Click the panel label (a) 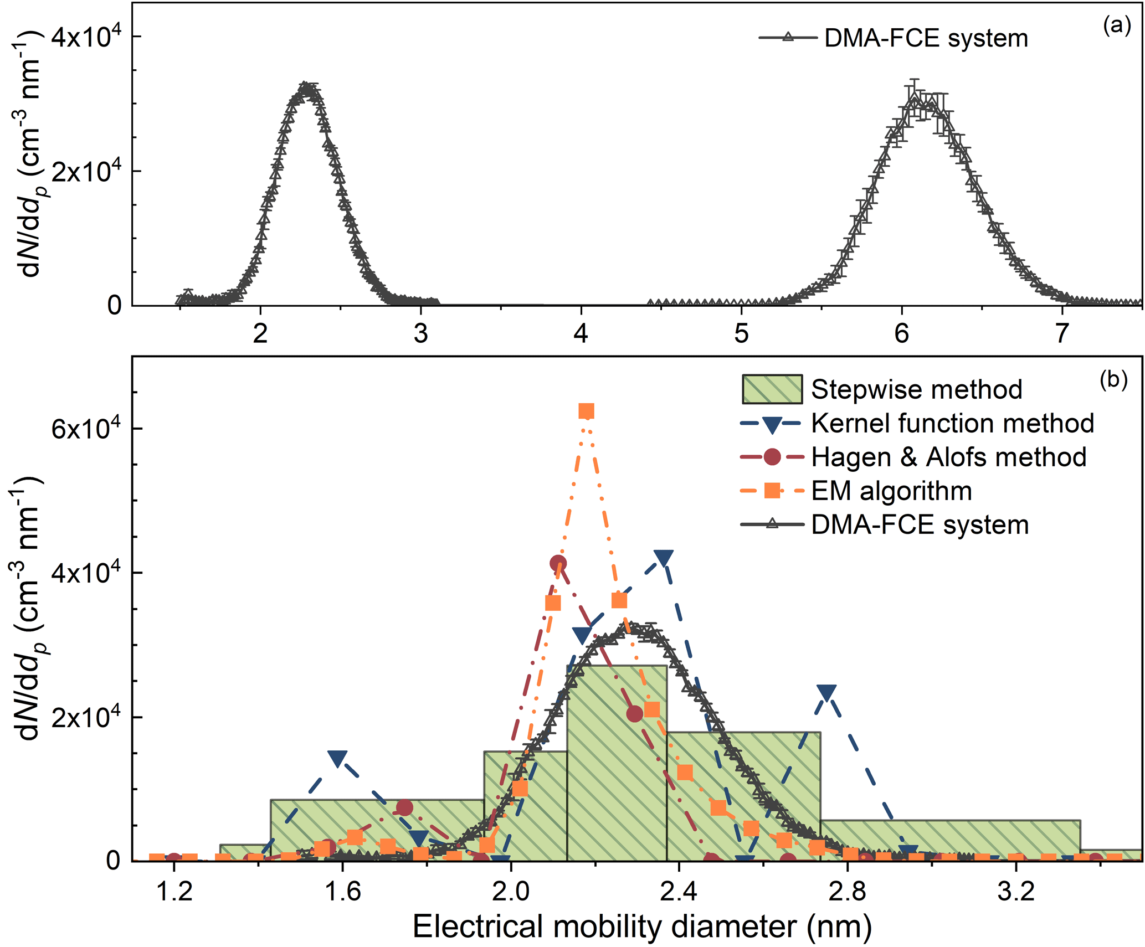click(x=1117, y=26)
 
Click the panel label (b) click(x=1114, y=380)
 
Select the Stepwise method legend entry click(x=916, y=389)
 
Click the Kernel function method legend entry click(x=952, y=423)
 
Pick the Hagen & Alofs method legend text click(x=948, y=457)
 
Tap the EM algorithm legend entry click(x=891, y=491)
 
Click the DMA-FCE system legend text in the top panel click(x=926, y=38)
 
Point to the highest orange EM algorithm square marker click(x=586, y=411)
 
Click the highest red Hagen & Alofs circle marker click(x=558, y=563)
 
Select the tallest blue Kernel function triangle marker click(x=663, y=558)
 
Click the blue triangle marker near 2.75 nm click(x=826, y=692)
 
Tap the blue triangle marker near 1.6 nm click(x=337, y=759)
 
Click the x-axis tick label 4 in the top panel click(x=581, y=333)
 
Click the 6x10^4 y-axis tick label click(x=86, y=428)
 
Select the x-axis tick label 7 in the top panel click(x=1061, y=333)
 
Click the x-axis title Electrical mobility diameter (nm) click(x=642, y=927)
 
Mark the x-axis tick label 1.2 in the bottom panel click(x=174, y=892)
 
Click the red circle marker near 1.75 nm click(x=405, y=808)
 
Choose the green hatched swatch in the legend click(x=772, y=389)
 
